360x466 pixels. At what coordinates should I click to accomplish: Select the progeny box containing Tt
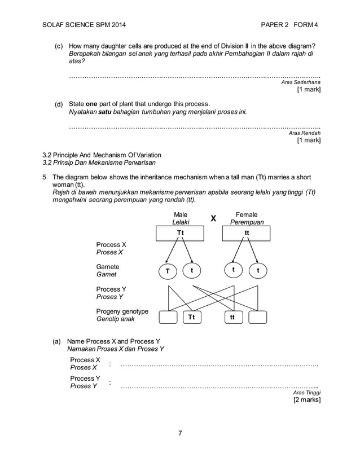192,318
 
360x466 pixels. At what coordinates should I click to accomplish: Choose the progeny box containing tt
232,318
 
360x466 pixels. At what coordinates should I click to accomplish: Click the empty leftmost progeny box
168,318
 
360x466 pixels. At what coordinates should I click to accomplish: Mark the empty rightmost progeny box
257,318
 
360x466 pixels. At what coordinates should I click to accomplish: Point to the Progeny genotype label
122,311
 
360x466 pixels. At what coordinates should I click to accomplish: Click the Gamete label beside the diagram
108,266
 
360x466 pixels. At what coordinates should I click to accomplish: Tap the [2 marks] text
306,400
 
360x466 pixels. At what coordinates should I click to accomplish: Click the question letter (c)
59,45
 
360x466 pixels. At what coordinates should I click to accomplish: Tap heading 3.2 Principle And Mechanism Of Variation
102,155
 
